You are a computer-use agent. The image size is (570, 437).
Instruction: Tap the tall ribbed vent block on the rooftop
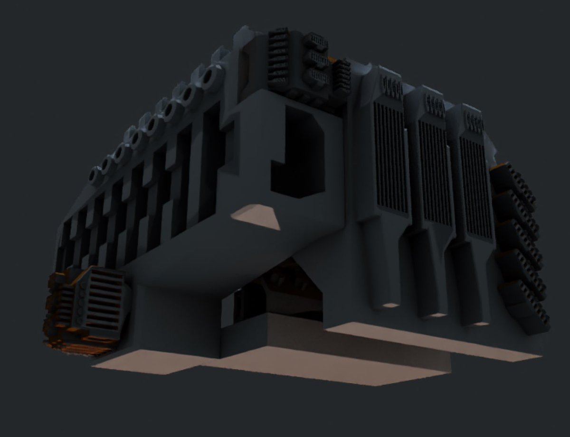[x=279, y=59]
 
